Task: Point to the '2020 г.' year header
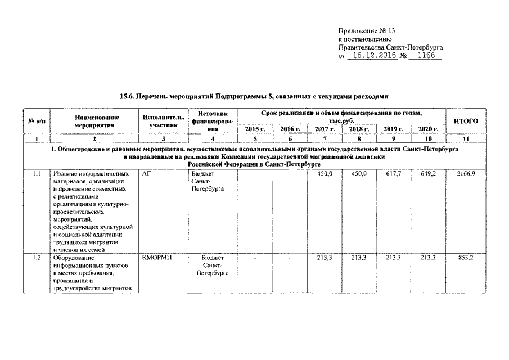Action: click(x=429, y=129)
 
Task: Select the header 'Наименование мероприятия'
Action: click(x=94, y=121)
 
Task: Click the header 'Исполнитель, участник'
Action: click(x=163, y=121)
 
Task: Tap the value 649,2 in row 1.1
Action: click(x=429, y=174)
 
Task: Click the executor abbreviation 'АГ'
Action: click(x=147, y=174)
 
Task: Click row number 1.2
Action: click(x=37, y=258)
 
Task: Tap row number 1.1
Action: click(x=37, y=174)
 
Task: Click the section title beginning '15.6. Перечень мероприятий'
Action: click(x=254, y=97)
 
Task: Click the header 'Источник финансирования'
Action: click(x=209, y=121)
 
